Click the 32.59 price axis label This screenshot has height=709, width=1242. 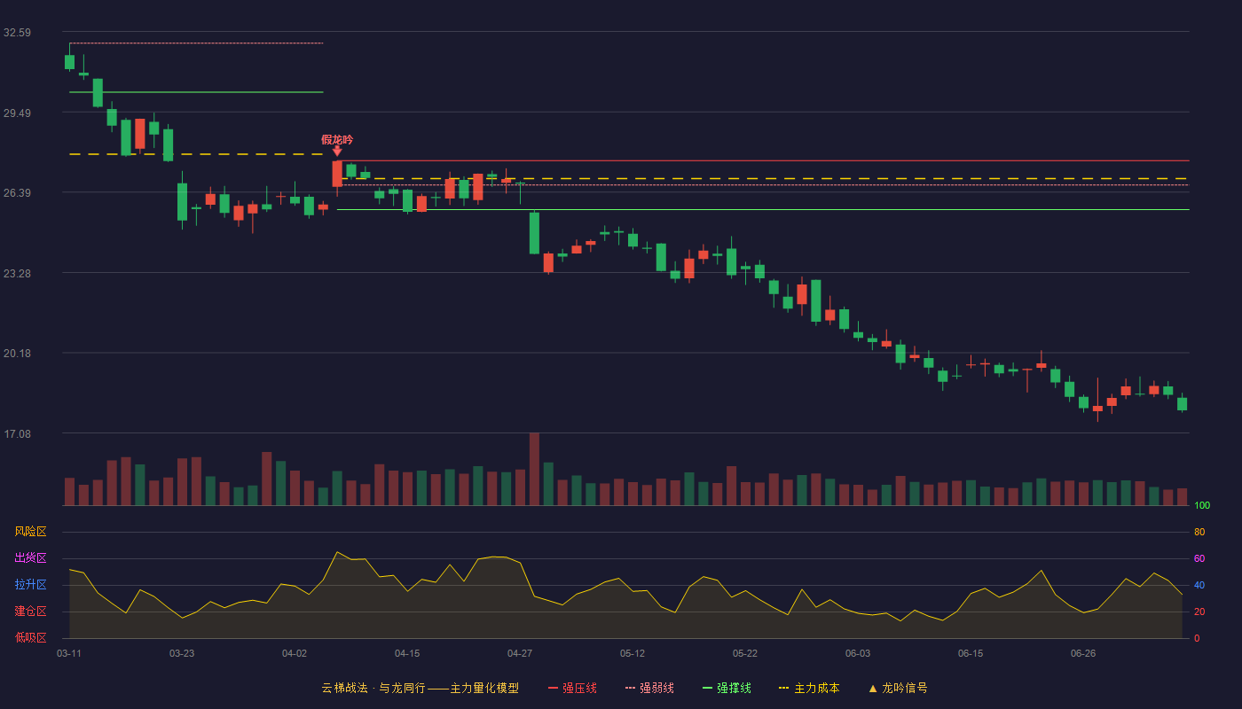[17, 33]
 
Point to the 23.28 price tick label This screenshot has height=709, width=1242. [17, 274]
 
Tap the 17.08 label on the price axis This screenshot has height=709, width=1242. [17, 433]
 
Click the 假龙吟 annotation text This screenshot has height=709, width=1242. [337, 140]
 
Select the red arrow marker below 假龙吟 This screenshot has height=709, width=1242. [337, 152]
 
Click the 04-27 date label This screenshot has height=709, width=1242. [520, 654]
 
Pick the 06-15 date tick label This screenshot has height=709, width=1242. [971, 654]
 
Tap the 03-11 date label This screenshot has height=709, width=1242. [69, 654]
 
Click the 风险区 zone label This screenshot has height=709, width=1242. [30, 532]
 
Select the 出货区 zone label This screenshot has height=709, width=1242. [30, 557]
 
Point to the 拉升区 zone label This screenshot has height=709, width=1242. [30, 584]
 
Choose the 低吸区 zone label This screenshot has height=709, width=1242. [30, 637]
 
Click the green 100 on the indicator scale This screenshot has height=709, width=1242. [1202, 505]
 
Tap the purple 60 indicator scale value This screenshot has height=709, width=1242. [1199, 558]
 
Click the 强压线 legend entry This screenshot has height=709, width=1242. [572, 688]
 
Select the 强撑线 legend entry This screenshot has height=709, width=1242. [727, 688]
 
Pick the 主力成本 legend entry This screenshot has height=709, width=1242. [809, 688]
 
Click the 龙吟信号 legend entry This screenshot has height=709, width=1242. [898, 688]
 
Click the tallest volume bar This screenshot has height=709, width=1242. [534, 469]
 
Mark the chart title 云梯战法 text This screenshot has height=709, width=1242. [344, 688]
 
